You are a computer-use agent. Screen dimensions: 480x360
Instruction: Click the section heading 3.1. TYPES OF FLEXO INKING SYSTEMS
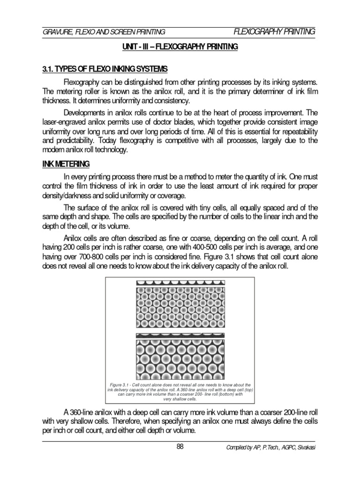pyautogui.click(x=105, y=69)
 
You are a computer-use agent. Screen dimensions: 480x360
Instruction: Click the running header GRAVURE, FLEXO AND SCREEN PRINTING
pyautogui.click(x=104, y=32)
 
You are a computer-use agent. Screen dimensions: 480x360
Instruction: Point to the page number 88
pyautogui.click(x=180, y=446)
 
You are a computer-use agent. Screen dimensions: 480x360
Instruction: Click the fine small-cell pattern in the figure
pyautogui.click(x=180, y=307)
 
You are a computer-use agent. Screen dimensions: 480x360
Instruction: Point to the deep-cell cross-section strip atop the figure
pyautogui.click(x=180, y=284)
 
